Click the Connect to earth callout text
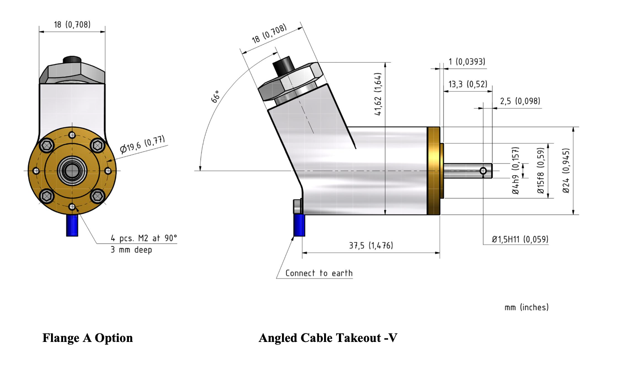click(319, 273)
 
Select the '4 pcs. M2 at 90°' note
click(144, 238)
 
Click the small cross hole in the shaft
click(483, 171)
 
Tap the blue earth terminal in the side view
click(299, 225)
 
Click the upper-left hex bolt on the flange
click(46, 145)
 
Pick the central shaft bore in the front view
click(72, 170)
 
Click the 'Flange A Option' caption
click(88, 338)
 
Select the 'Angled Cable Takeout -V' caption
click(328, 338)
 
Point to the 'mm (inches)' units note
click(526, 308)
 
